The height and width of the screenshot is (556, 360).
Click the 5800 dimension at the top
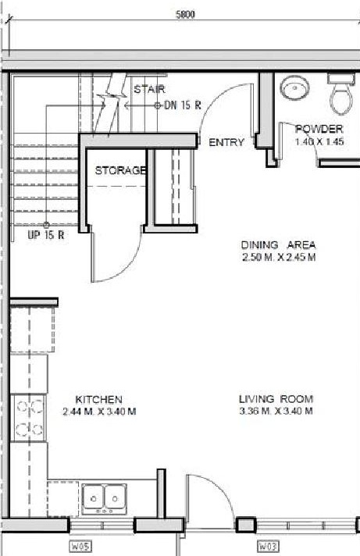point(185,13)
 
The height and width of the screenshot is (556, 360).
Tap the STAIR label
point(149,89)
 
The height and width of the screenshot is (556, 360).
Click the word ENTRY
point(226,142)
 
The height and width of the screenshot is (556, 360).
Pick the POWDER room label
point(319,129)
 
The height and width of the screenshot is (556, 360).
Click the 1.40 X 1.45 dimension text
point(319,143)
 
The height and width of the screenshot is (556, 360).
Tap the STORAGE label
point(120,170)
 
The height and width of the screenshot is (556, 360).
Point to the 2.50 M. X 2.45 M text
point(278,257)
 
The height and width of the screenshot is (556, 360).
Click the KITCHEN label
point(98,399)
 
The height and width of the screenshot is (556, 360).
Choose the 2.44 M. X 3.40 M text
point(98,412)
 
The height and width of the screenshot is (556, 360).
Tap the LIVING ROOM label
point(276,399)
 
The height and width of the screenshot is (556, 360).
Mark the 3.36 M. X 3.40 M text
point(276,412)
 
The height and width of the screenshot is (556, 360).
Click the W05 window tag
point(80,547)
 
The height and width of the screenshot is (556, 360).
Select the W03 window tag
point(269,547)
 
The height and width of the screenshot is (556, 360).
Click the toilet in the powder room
point(340,94)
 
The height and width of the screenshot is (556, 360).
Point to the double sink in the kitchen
point(105,497)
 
